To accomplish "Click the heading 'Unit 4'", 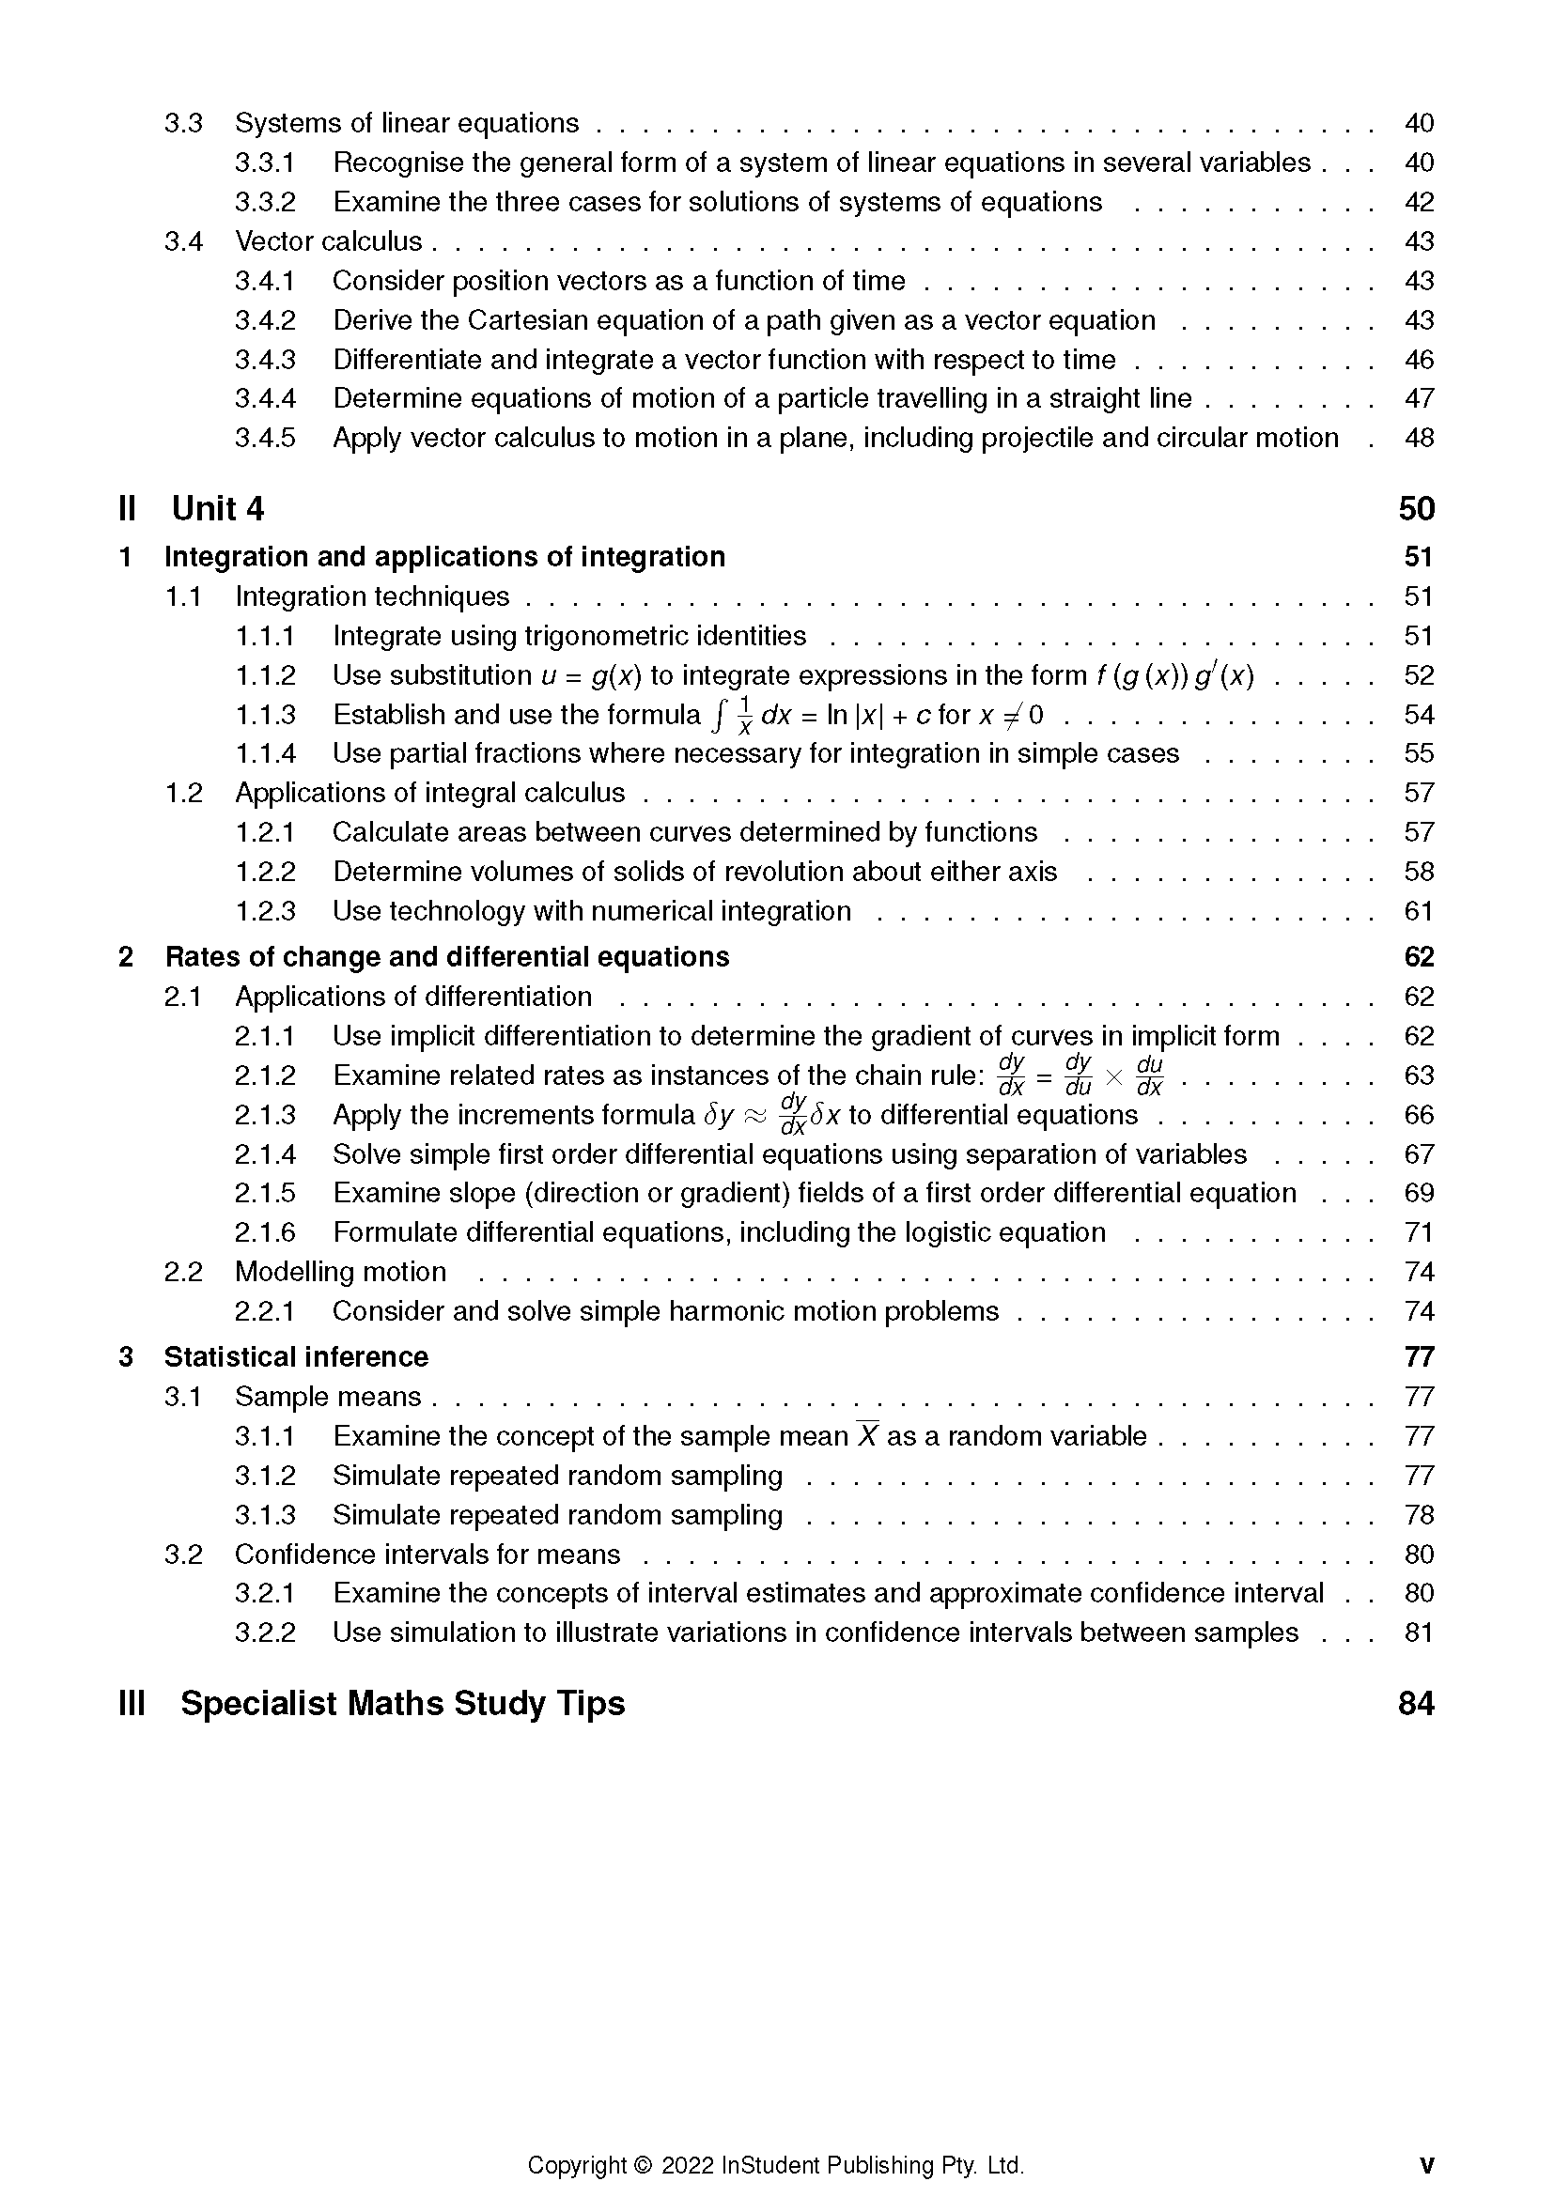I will pyautogui.click(x=217, y=509).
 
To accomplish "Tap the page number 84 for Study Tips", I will pyautogui.click(x=1416, y=1703).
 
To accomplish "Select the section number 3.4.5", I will pyautogui.click(x=265, y=439).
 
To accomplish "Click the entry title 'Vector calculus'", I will pyautogui.click(x=328, y=241).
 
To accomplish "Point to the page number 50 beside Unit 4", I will pyautogui.click(x=1416, y=509).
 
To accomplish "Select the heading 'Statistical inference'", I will pyautogui.click(x=296, y=1357).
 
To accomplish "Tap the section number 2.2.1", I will pyautogui.click(x=265, y=1311).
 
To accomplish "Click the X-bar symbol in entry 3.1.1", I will pyautogui.click(x=867, y=1435).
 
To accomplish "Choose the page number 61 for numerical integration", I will pyautogui.click(x=1418, y=911).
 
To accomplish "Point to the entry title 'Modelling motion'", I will pyautogui.click(x=341, y=1272).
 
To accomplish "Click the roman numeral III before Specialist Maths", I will pyautogui.click(x=132, y=1703).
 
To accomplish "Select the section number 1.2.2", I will pyautogui.click(x=265, y=872).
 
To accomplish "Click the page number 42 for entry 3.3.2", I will pyautogui.click(x=1418, y=202).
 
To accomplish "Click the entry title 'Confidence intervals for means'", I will pyautogui.click(x=427, y=1554).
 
